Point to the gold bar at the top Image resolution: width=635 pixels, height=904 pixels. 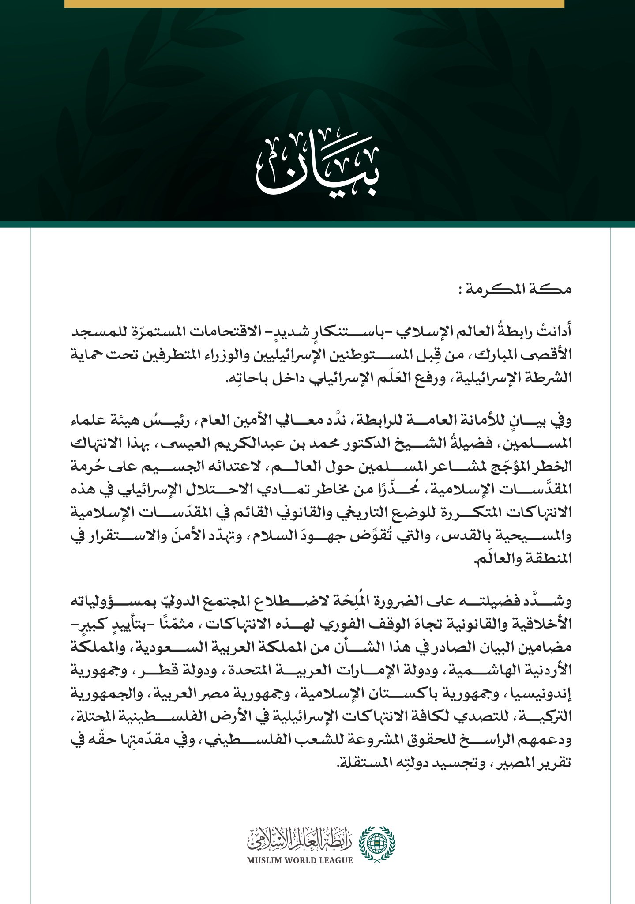(314, 4)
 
